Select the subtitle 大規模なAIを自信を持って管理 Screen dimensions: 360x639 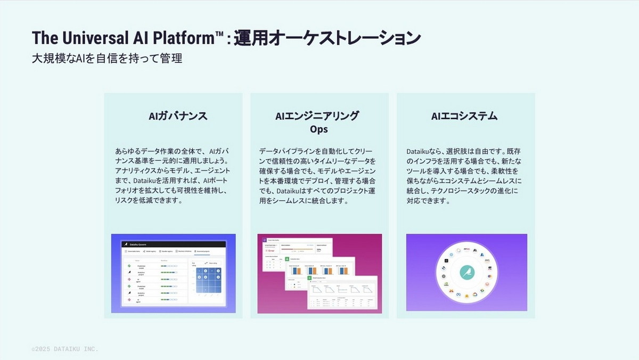coord(107,59)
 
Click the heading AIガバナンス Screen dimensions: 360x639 coord(178,116)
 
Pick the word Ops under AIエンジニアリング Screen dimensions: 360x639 coord(319,129)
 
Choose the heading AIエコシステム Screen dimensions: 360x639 coord(464,116)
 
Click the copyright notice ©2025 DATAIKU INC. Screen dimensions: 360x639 coord(65,349)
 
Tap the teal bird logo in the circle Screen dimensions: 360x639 coord(468,272)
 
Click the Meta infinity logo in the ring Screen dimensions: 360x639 coord(458,294)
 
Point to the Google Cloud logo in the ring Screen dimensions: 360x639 coord(475,294)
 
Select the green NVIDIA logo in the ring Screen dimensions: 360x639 coord(446,284)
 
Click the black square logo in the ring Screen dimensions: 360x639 coord(446,261)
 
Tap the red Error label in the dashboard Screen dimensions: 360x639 coord(272,251)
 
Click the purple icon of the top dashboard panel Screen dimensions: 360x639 coord(264,240)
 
